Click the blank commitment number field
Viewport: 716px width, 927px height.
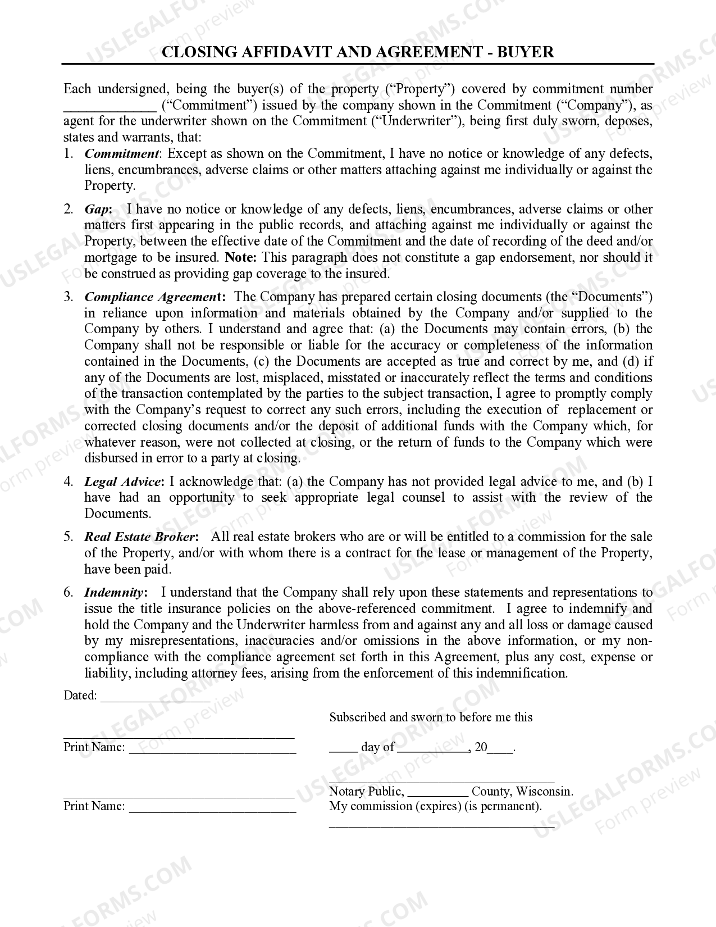coord(110,106)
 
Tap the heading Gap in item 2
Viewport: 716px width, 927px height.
coord(97,210)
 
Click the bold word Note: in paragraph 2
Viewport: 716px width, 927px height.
coord(240,258)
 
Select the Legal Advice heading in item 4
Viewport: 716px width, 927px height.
coord(123,482)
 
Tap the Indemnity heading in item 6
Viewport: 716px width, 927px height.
coord(114,593)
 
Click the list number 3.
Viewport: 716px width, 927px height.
coord(68,297)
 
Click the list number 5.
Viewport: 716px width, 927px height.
coord(68,537)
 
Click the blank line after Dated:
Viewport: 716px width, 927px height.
coord(155,697)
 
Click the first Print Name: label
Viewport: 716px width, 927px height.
coord(94,747)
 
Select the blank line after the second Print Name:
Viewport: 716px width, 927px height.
coord(212,807)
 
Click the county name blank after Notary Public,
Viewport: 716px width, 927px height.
coord(437,792)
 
